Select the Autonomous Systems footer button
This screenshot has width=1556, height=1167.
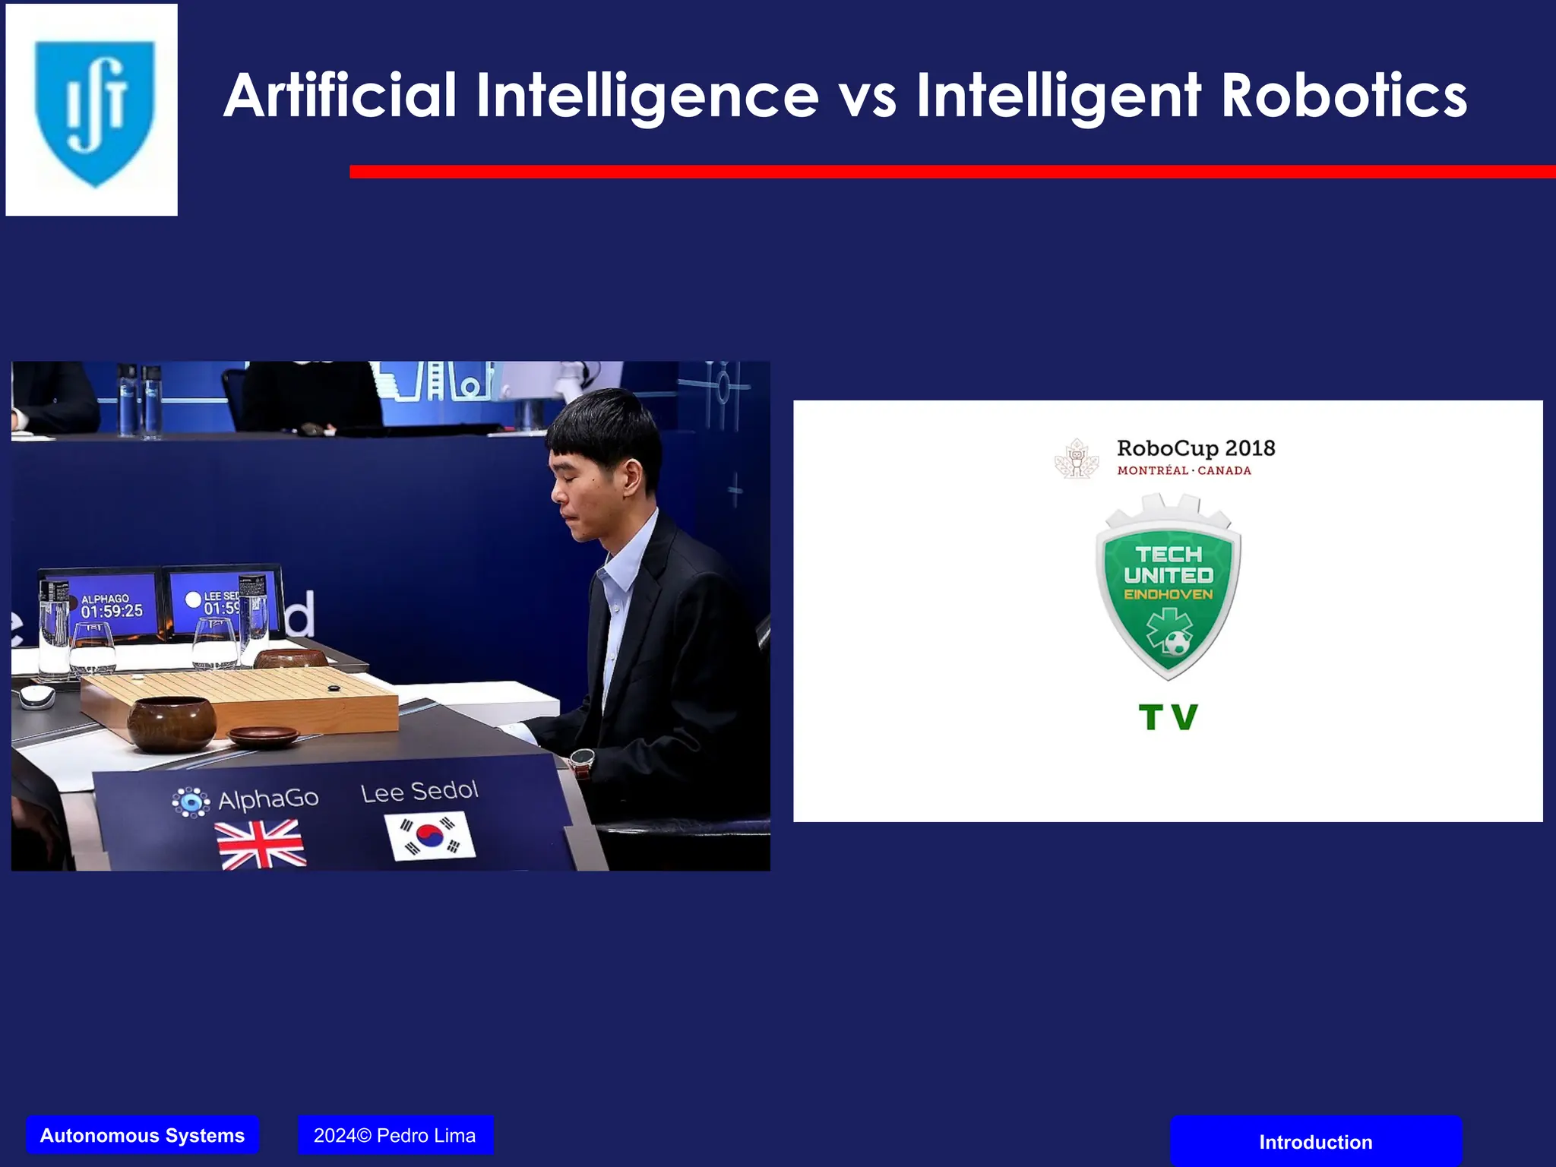[x=142, y=1135]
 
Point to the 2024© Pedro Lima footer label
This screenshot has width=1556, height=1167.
[x=395, y=1135]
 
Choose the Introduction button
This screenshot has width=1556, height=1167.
[x=1315, y=1141]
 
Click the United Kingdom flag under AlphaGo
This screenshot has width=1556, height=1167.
[x=261, y=844]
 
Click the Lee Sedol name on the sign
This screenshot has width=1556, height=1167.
[x=419, y=792]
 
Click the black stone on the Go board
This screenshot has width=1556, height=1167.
[x=333, y=688]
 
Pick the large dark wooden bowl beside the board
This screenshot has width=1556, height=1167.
[x=171, y=723]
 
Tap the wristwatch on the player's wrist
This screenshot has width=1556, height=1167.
[x=582, y=759]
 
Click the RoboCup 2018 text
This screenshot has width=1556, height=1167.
[x=1195, y=448]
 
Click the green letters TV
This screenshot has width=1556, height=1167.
[x=1168, y=716]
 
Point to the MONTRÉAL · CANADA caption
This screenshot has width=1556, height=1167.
[x=1184, y=471]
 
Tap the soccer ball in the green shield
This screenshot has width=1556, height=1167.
[x=1177, y=644]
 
